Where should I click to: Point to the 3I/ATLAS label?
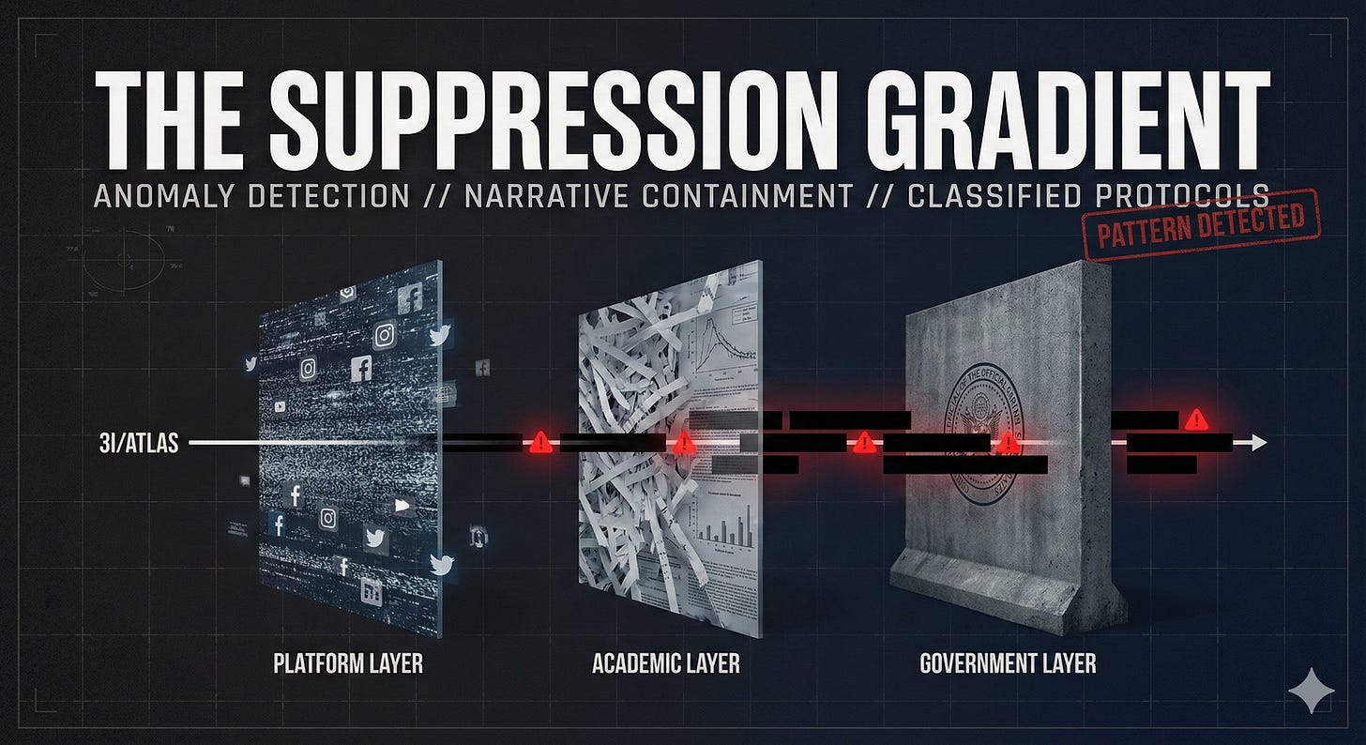tap(138, 444)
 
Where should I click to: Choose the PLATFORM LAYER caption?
tap(347, 664)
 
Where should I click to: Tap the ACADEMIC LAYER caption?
tap(666, 664)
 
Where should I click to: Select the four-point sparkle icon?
tap(1311, 692)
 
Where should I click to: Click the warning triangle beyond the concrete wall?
tap(1195, 418)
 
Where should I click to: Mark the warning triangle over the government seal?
tap(1009, 443)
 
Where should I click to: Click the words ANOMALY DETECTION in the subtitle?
tap(250, 196)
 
